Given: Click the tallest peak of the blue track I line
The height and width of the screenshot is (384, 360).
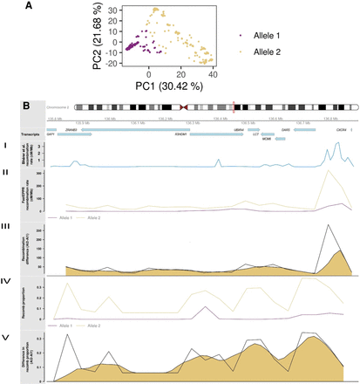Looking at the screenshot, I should pyautogui.click(x=337, y=145).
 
